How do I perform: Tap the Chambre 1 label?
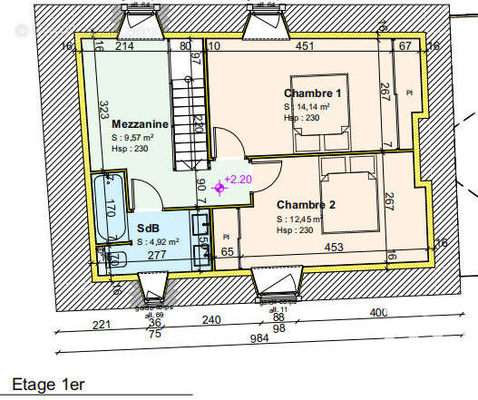tap(312, 93)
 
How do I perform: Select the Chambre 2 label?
tap(307, 205)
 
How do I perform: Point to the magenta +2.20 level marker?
tap(237, 179)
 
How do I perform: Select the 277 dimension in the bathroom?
tap(156, 256)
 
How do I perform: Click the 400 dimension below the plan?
tap(377, 313)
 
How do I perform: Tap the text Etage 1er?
tap(46, 384)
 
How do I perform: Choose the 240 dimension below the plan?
tap(210, 319)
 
